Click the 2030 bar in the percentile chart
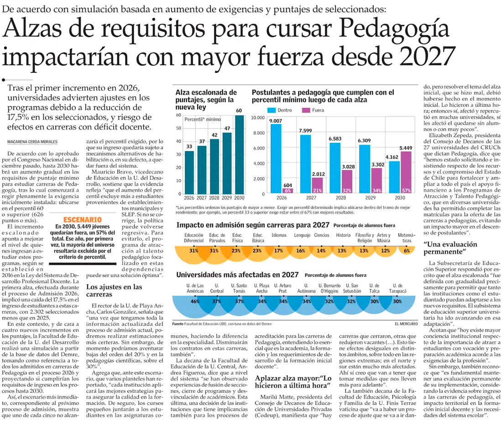[239, 155]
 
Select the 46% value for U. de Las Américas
[195, 301]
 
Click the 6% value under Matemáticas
[407, 250]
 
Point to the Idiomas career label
[279, 235]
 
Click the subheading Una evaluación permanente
[452, 248]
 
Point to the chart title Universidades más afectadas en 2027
[237, 275]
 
